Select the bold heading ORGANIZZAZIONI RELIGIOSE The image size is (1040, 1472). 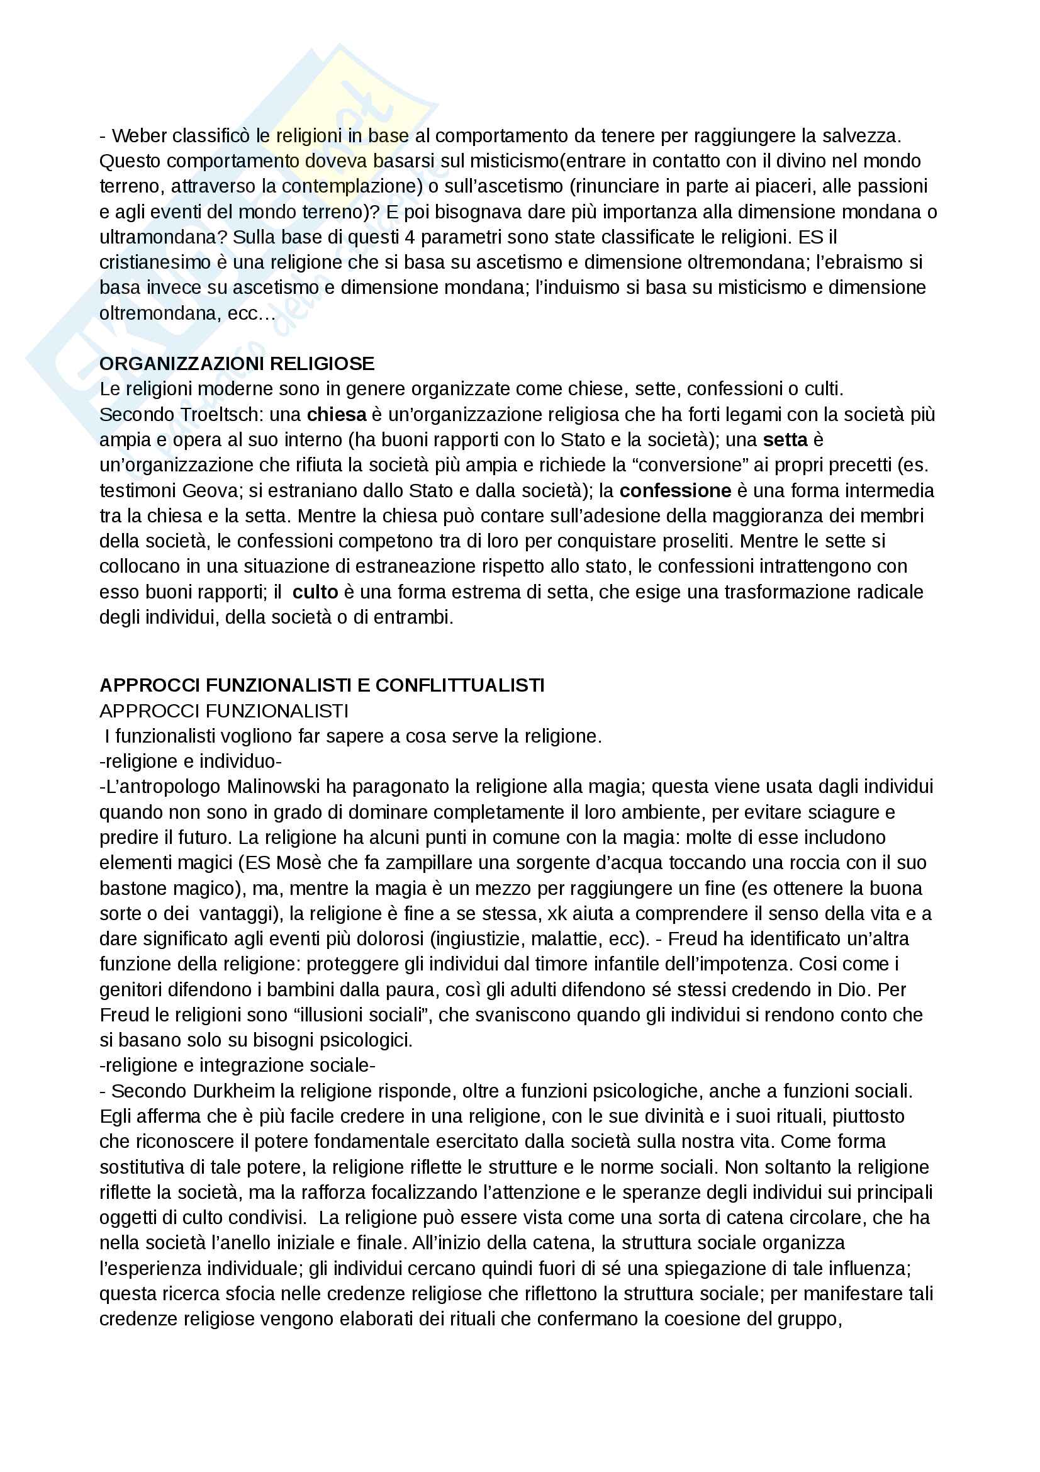click(x=237, y=364)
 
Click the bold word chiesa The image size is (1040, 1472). click(x=337, y=415)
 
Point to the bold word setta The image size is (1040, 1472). click(x=786, y=440)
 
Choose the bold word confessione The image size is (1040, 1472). click(x=675, y=490)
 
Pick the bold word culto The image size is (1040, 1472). click(x=315, y=592)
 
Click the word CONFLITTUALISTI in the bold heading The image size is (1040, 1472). click(x=459, y=685)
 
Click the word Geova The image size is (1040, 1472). click(x=210, y=490)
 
